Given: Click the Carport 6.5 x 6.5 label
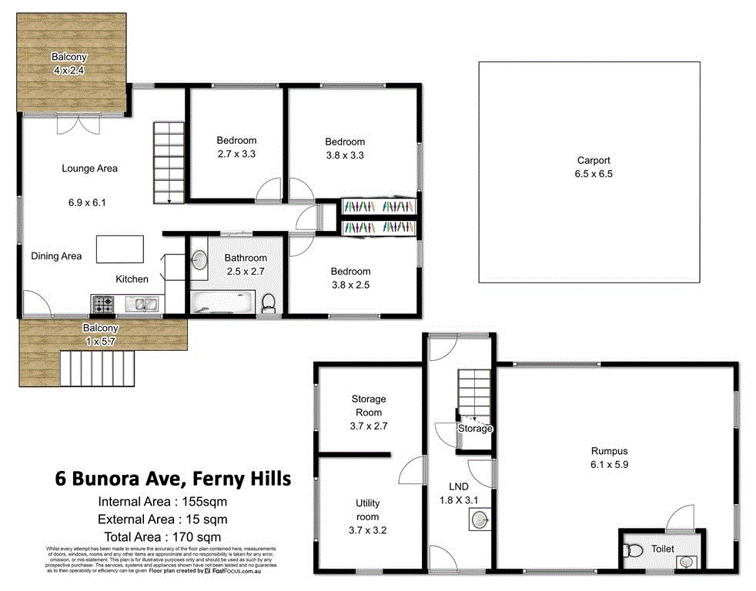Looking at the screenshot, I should (x=594, y=167).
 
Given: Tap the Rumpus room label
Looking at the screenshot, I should (x=610, y=458).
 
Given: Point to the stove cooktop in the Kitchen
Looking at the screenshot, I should (x=103, y=305).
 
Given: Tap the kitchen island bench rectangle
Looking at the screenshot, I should (x=120, y=249).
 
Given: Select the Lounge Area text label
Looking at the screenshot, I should (x=90, y=169).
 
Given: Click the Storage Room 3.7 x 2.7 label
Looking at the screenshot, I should (x=368, y=412).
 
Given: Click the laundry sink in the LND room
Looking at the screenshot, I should (x=477, y=522).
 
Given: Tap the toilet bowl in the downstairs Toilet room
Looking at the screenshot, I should (x=633, y=550).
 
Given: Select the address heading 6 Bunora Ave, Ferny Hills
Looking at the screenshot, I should (x=172, y=479).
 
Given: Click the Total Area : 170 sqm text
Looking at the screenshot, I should (x=161, y=536).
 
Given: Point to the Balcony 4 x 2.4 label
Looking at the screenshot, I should (x=69, y=63).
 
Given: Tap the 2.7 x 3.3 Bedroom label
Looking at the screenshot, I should (x=236, y=147).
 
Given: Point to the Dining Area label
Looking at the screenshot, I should (x=56, y=256).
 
